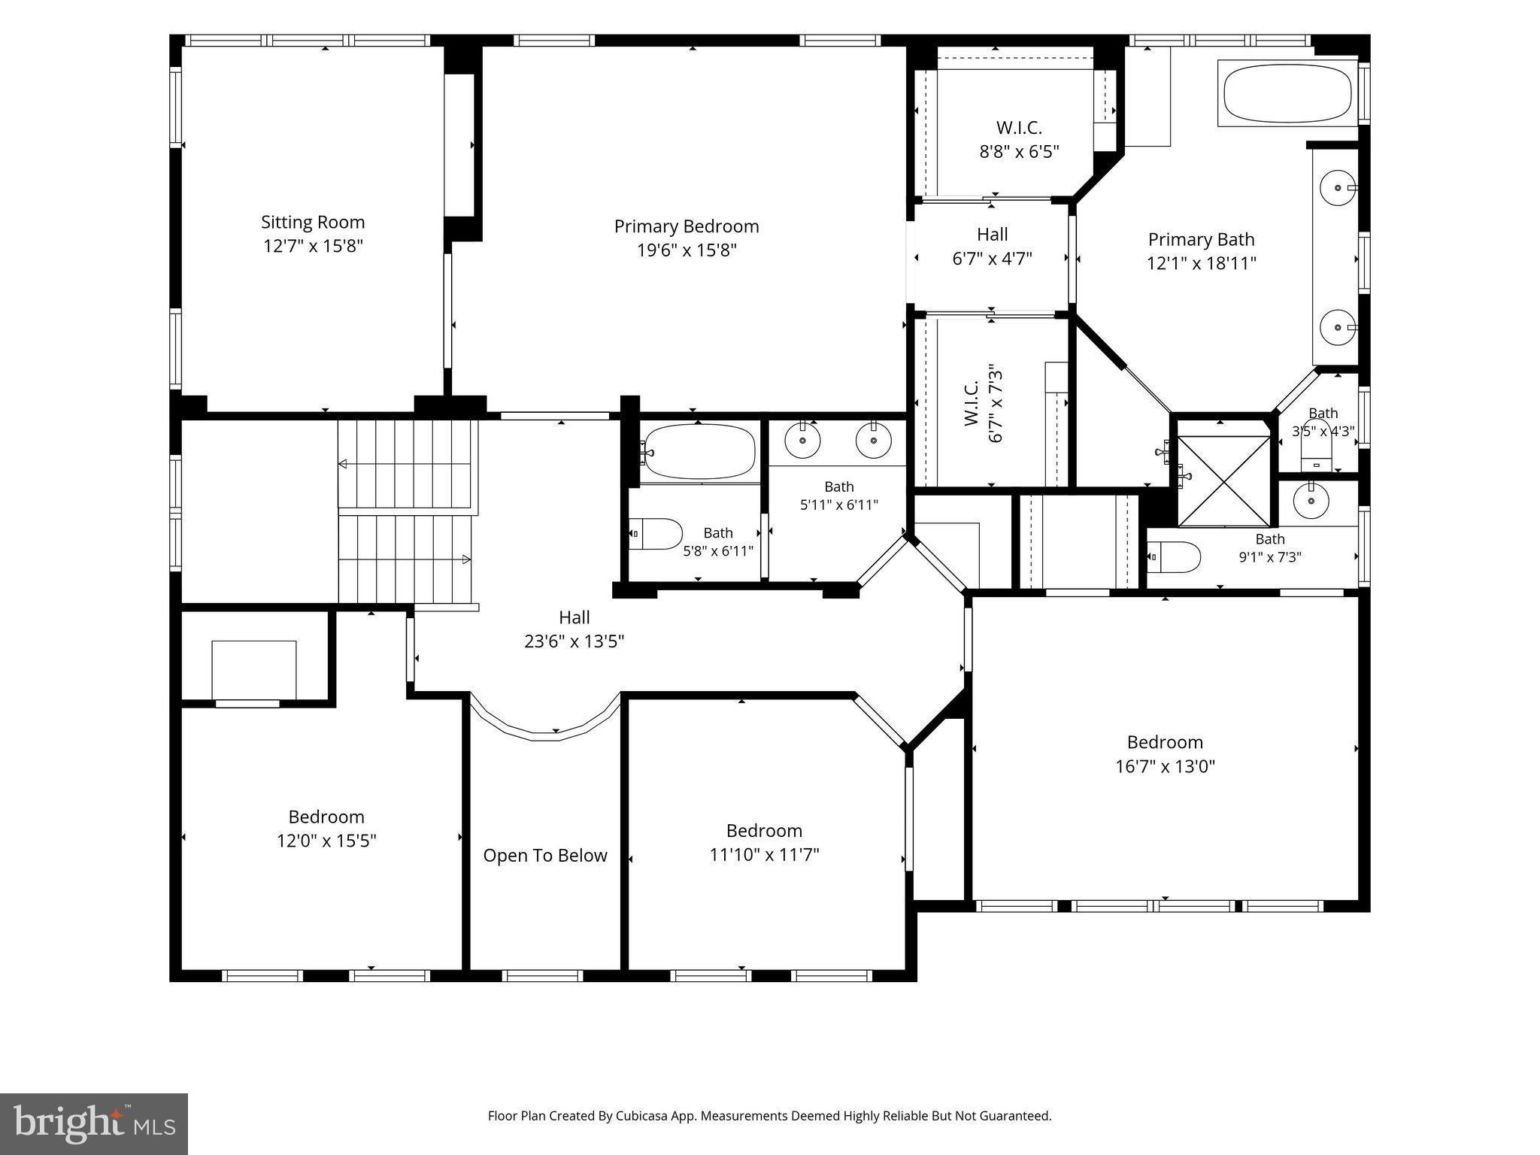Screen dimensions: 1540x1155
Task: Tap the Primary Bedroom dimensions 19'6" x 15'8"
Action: pyautogui.click(x=687, y=250)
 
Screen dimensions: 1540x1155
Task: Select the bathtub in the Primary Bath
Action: pyautogui.click(x=1287, y=92)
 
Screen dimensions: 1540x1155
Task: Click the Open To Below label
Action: pyautogui.click(x=545, y=856)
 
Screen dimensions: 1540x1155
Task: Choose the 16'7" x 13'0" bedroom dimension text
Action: pyautogui.click(x=1166, y=766)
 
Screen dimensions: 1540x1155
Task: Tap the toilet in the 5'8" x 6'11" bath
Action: pyautogui.click(x=656, y=534)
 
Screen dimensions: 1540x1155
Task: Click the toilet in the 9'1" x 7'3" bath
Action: pyautogui.click(x=1174, y=557)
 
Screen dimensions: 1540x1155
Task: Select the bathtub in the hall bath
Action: pyautogui.click(x=700, y=452)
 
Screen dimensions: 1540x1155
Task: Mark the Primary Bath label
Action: pyautogui.click(x=1202, y=239)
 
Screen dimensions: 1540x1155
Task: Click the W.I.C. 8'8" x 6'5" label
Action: pyautogui.click(x=1019, y=139)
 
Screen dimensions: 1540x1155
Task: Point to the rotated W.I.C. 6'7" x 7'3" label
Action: pyautogui.click(x=983, y=404)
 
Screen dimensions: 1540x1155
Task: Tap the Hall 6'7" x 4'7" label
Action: pyautogui.click(x=993, y=247)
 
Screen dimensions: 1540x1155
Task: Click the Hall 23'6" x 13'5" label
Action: pyautogui.click(x=574, y=629)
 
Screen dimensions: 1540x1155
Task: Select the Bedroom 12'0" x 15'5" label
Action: pyautogui.click(x=326, y=829)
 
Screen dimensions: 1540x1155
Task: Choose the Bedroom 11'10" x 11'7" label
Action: pyautogui.click(x=765, y=842)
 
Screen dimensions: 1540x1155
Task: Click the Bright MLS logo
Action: pyautogui.click(x=94, y=1124)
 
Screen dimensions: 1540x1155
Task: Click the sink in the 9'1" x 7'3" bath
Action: pyautogui.click(x=1311, y=501)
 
